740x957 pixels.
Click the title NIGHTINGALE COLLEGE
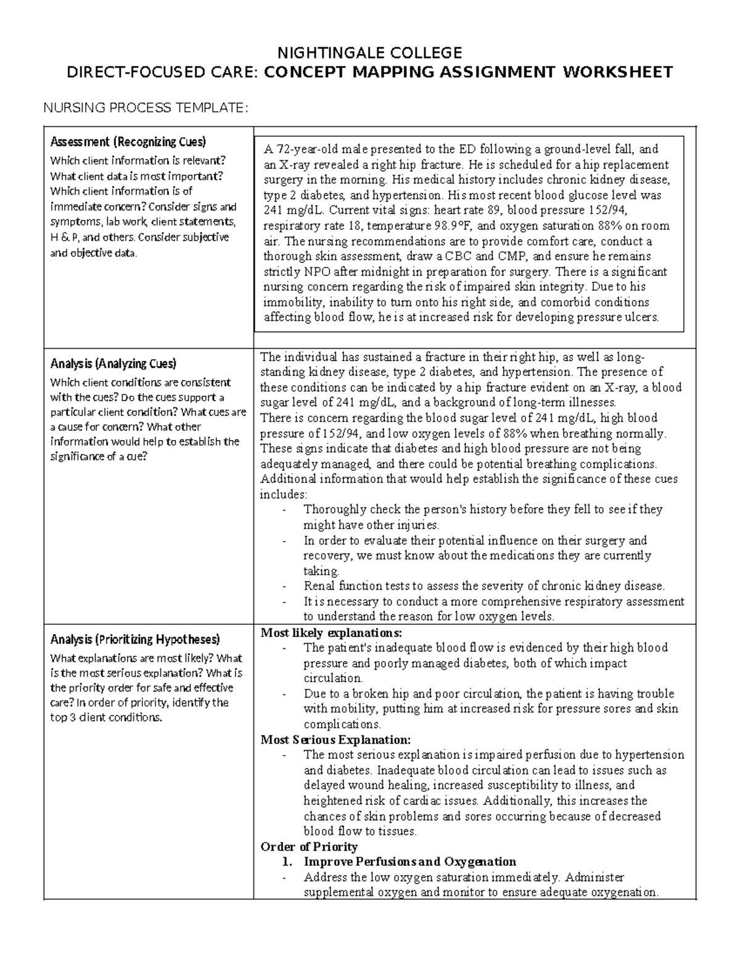(369, 52)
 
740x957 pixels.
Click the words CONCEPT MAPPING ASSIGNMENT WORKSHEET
(468, 73)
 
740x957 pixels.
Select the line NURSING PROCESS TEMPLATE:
(145, 108)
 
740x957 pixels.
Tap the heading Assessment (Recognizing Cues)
(128, 142)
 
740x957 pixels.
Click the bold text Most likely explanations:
(331, 633)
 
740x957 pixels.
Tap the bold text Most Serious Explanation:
(335, 739)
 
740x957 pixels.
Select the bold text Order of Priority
(309, 847)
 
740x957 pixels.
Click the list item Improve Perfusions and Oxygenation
(409, 861)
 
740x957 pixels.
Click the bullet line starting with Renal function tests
(484, 586)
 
